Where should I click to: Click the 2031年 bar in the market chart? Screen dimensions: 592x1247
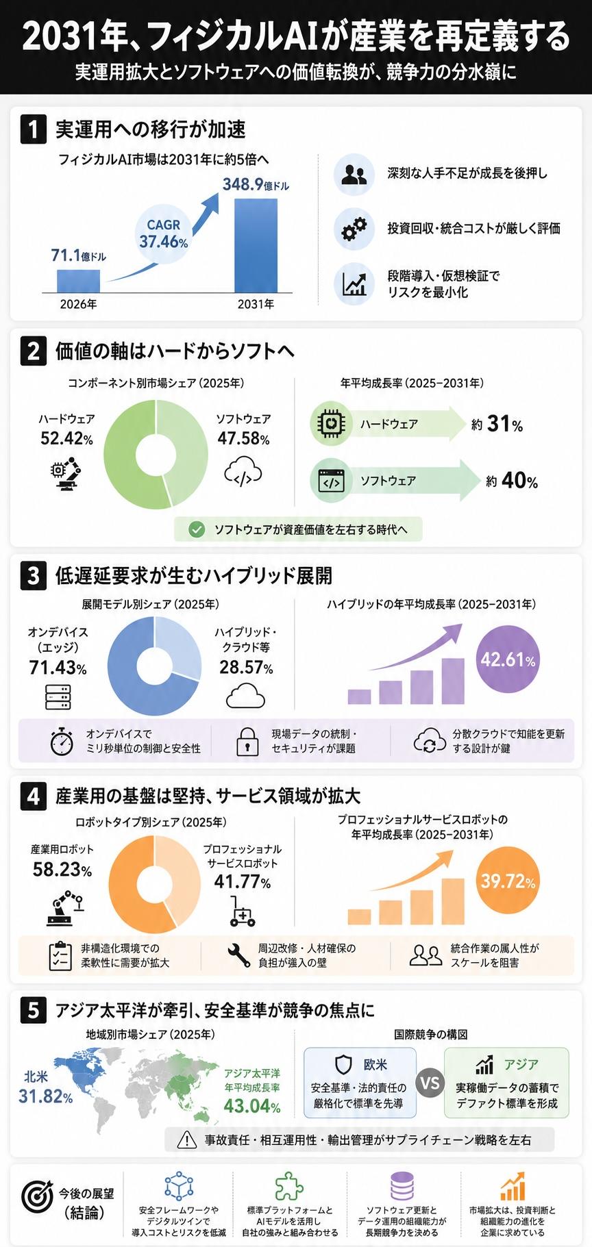tap(256, 246)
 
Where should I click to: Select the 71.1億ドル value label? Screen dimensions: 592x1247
tap(79, 255)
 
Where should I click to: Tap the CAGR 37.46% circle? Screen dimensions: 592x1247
tap(164, 233)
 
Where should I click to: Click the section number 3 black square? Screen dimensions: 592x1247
tap(34, 575)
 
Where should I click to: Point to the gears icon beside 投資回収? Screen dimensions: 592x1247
tap(354, 229)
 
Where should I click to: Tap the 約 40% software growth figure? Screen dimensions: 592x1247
tap(512, 481)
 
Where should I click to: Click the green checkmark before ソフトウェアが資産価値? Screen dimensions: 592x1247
tap(197, 529)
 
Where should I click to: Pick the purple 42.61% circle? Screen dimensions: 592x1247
tap(508, 659)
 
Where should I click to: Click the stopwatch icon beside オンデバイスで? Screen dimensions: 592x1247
tap(62, 741)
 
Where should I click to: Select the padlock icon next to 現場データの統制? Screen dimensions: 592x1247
tap(247, 742)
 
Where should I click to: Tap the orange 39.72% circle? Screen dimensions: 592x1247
tap(508, 881)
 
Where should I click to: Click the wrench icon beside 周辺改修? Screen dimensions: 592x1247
tap(238, 955)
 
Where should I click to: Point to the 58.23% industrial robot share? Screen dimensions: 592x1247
tap(62, 870)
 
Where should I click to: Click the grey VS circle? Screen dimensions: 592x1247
tap(430, 1083)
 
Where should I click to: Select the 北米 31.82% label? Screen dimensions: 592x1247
tap(45, 1087)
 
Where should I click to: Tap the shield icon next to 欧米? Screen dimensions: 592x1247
tap(343, 1064)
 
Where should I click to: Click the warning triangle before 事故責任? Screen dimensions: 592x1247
tap(187, 1139)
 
